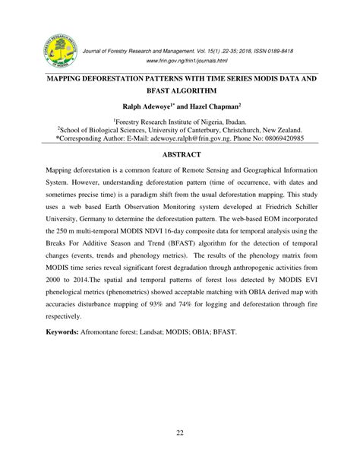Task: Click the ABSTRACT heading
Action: (x=180, y=157)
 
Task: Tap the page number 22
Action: (x=180, y=434)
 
